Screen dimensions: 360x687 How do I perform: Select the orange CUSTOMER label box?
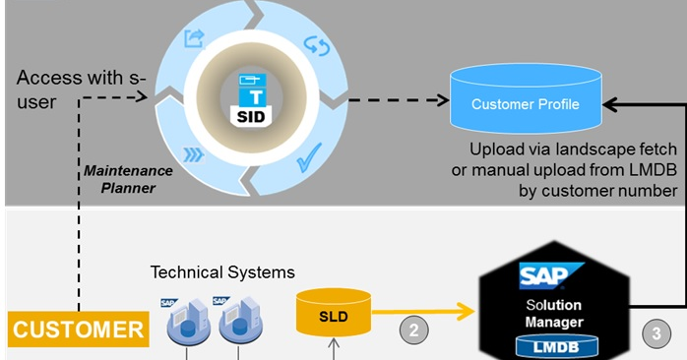pyautogui.click(x=78, y=329)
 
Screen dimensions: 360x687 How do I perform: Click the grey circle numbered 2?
pyautogui.click(x=413, y=330)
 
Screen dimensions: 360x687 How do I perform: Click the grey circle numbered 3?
pyautogui.click(x=657, y=331)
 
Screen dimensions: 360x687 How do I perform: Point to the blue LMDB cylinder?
pyautogui.click(x=557, y=344)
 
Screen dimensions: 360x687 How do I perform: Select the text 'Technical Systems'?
pyautogui.click(x=222, y=270)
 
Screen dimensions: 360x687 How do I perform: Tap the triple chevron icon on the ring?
pyautogui.click(x=194, y=154)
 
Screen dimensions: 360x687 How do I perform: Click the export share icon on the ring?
pyautogui.click(x=194, y=39)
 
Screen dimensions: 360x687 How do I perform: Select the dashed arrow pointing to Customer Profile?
pyautogui.click(x=393, y=99)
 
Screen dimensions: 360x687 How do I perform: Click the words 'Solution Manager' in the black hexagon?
pyautogui.click(x=557, y=312)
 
